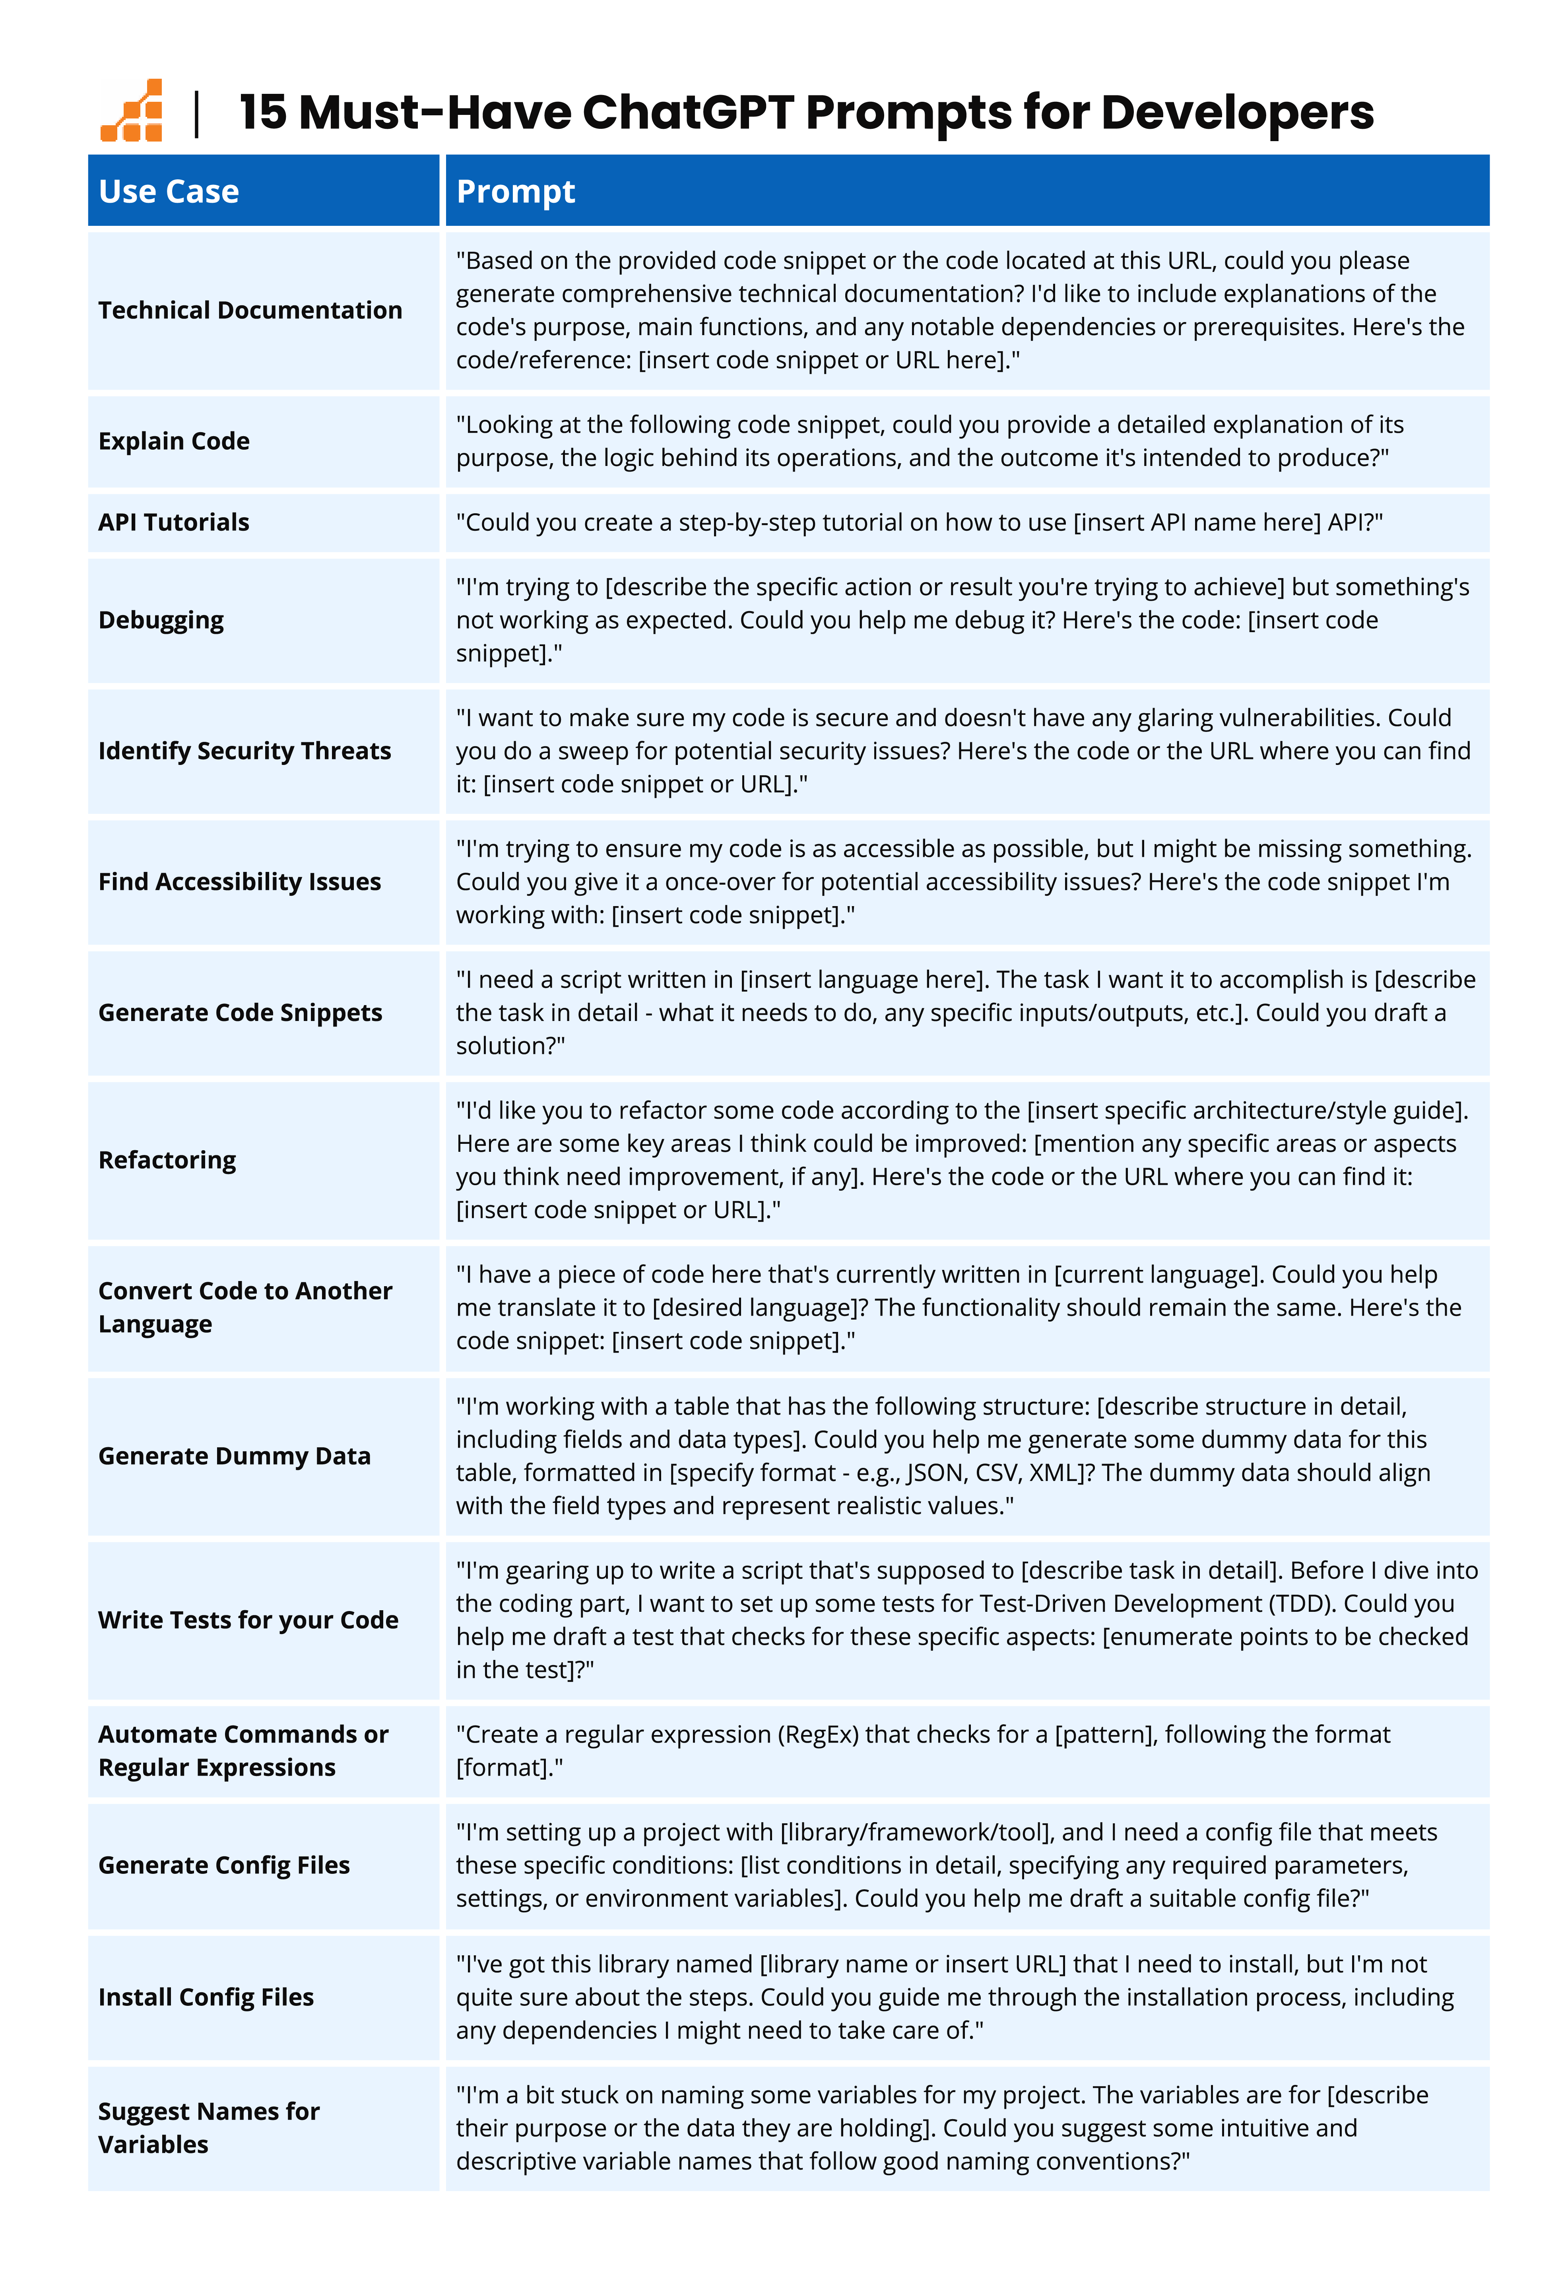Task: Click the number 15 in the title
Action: pyautogui.click(x=263, y=113)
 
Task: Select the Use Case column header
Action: pyautogui.click(x=169, y=191)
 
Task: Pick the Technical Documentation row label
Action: pyautogui.click(x=250, y=311)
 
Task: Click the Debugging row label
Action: pyautogui.click(x=161, y=620)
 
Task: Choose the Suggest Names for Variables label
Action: pyautogui.click(x=209, y=2128)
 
